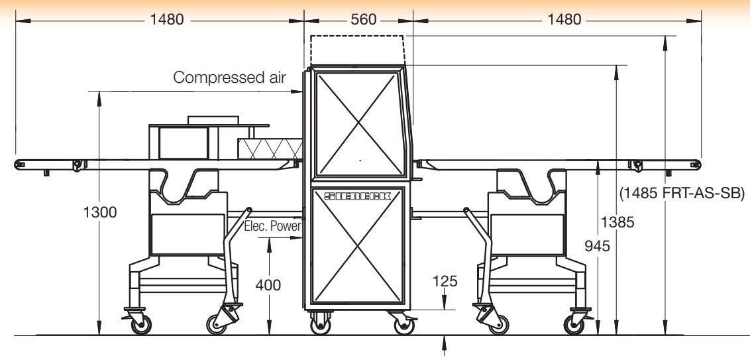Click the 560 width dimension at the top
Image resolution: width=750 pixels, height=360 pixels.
click(364, 20)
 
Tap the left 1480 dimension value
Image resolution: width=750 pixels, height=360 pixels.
click(166, 20)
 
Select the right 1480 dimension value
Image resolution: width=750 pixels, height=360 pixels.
click(564, 20)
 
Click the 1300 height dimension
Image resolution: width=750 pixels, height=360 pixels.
click(100, 212)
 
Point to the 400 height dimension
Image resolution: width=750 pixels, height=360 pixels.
click(268, 285)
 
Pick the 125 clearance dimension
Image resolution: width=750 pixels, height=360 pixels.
click(445, 281)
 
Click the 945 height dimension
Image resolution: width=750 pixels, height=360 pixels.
click(598, 246)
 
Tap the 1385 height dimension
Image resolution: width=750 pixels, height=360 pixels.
click(617, 222)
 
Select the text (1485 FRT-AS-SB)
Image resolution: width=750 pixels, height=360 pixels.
click(682, 194)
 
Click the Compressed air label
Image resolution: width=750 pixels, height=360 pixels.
click(230, 77)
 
